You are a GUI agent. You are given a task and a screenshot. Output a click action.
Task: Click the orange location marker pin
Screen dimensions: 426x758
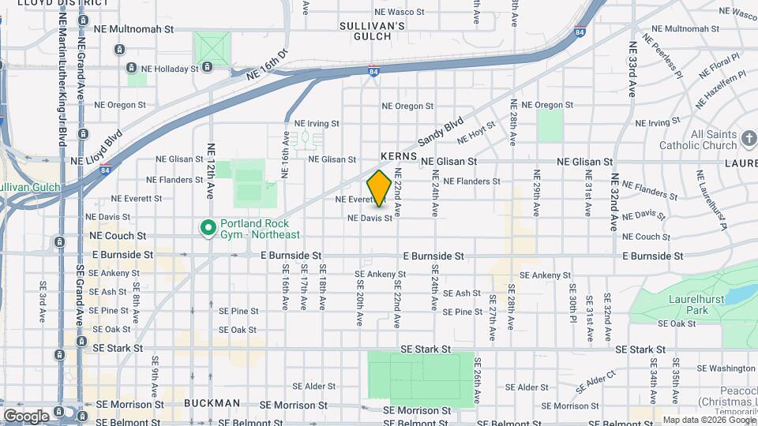(379, 189)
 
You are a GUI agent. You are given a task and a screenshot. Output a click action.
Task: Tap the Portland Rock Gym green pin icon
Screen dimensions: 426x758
(208, 229)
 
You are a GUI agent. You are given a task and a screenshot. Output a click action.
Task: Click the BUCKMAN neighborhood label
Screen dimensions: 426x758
(212, 403)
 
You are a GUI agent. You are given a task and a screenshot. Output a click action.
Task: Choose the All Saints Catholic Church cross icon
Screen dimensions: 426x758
(749, 140)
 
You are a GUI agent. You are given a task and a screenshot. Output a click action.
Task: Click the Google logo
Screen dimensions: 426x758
(26, 416)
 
